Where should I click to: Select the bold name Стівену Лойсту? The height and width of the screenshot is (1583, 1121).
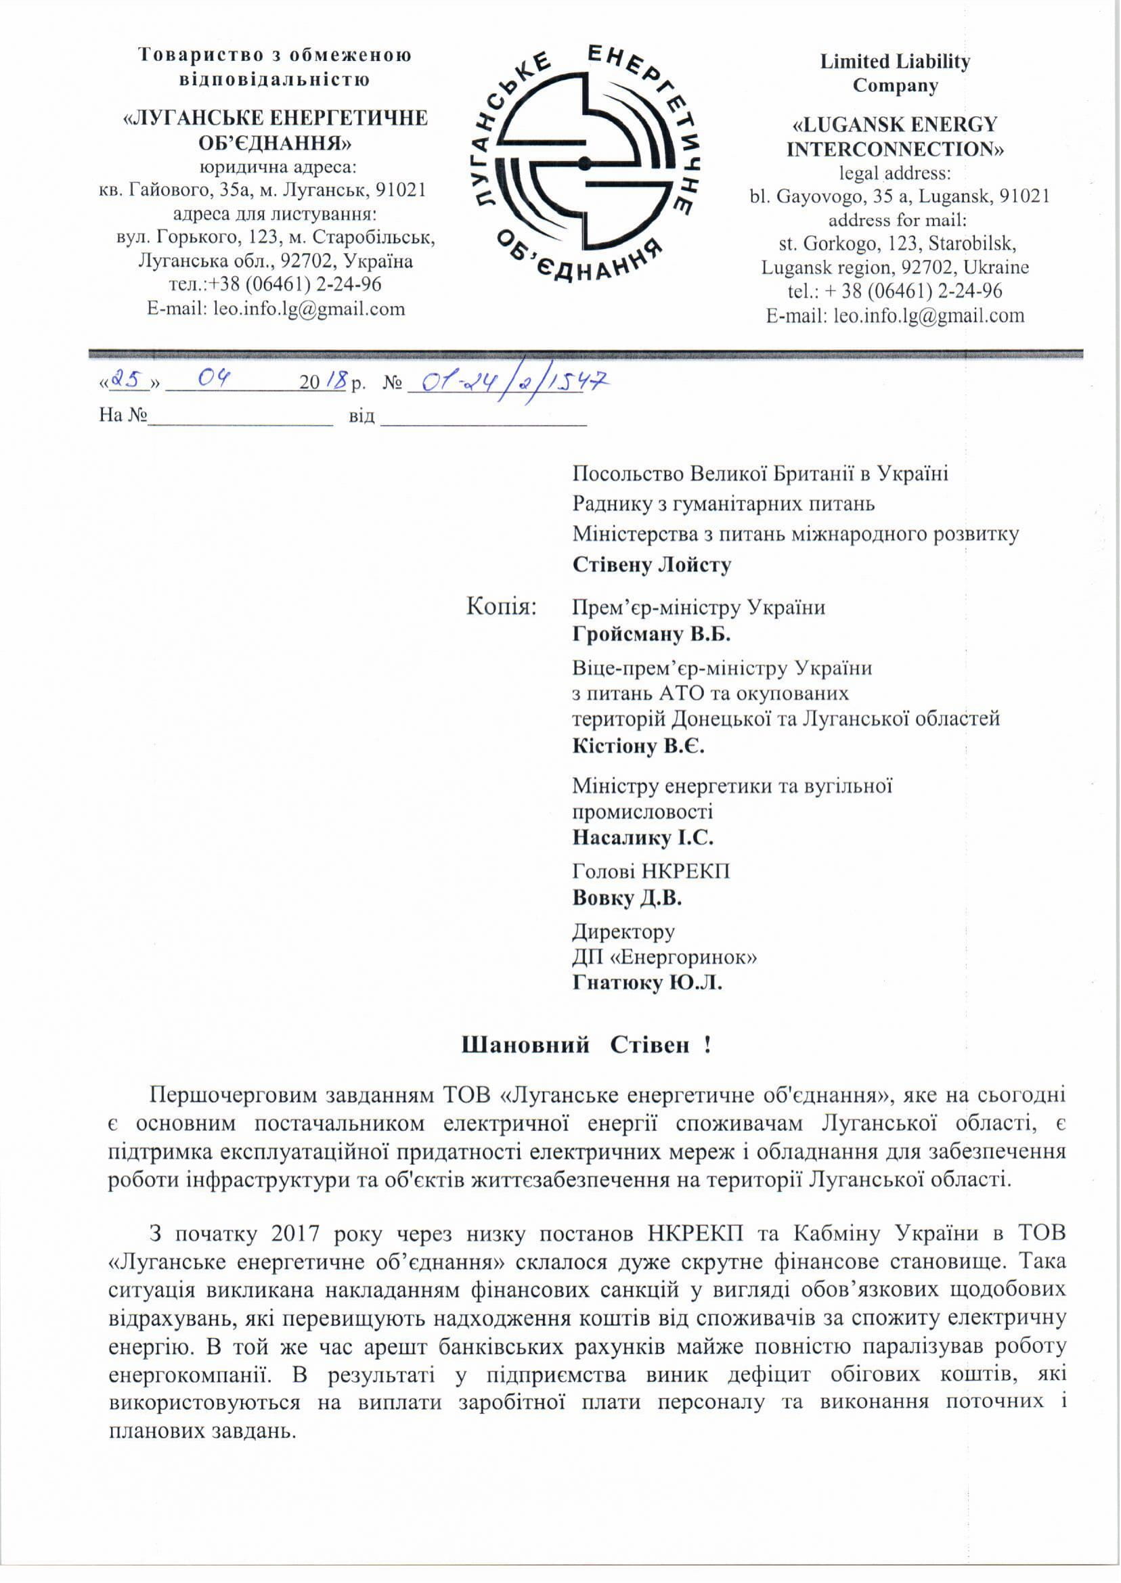652,564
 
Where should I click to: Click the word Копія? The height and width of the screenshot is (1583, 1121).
501,606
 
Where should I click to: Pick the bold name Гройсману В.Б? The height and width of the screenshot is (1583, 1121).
651,633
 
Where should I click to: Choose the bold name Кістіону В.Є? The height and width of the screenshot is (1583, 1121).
638,746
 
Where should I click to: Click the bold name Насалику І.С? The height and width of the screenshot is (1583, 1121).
642,838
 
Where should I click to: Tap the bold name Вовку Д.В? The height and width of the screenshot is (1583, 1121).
627,899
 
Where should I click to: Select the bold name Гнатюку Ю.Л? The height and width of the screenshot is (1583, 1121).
647,983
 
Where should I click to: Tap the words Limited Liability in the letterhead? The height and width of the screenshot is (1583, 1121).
895,62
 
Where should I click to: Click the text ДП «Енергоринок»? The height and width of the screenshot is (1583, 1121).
664,957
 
